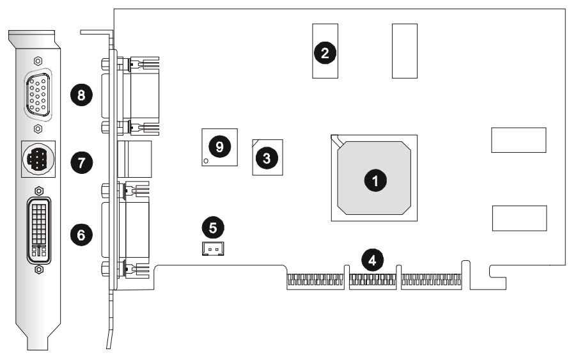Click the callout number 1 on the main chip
point(375,181)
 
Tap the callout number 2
point(325,52)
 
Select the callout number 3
point(266,155)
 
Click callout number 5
point(213,226)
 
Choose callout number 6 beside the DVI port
point(81,235)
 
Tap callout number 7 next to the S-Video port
point(81,162)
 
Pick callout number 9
point(219,146)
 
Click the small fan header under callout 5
point(212,248)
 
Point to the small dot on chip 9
point(206,160)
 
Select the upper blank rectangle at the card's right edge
point(519,140)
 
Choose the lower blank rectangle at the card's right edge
point(519,218)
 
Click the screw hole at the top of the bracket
point(38,61)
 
